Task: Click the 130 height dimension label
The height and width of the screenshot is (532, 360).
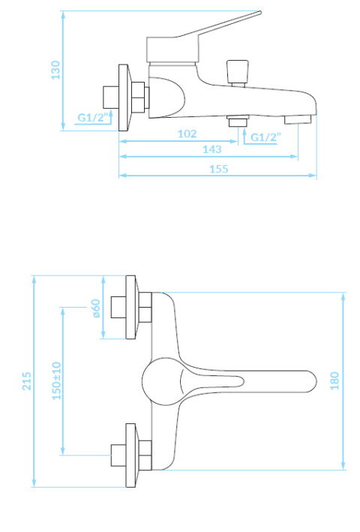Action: pos(55,71)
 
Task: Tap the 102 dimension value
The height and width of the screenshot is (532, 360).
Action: pos(187,134)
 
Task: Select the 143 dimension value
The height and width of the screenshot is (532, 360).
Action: pos(211,149)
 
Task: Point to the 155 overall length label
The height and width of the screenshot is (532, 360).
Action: pos(219,169)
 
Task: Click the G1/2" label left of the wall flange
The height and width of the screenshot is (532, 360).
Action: pos(91,117)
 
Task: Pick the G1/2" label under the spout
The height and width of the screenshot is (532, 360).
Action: pos(265,137)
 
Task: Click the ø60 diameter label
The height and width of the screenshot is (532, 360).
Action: pos(96,308)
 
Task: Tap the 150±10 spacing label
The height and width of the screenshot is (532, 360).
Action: pos(56,380)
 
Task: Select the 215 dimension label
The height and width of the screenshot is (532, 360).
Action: pos(27,381)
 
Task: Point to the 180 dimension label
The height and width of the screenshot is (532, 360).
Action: pos(334,380)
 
